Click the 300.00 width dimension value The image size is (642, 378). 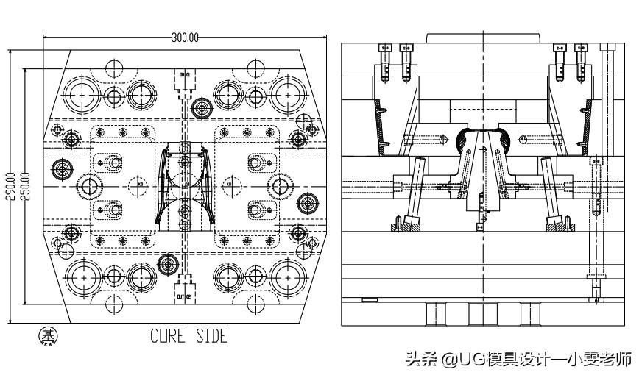click(185, 38)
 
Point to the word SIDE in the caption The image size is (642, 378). click(211, 336)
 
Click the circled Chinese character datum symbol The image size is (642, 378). click(50, 336)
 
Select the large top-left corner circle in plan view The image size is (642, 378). click(80, 93)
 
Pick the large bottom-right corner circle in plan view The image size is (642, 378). click(287, 278)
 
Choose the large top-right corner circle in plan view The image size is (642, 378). click(287, 93)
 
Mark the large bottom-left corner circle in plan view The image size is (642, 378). click(80, 278)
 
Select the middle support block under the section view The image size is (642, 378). click(481, 315)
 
